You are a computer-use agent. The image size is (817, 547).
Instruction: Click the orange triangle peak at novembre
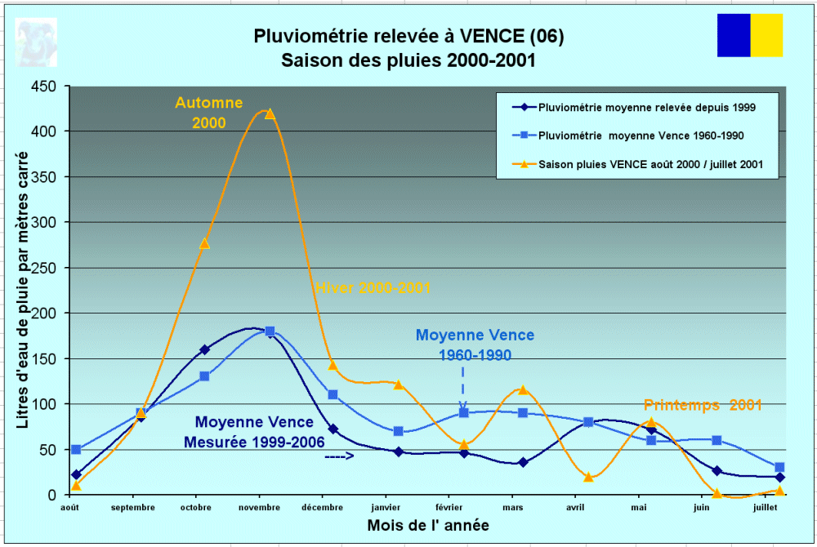[270, 113]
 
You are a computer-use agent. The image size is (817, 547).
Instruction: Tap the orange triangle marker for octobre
[204, 242]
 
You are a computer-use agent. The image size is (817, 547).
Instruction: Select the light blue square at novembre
[270, 331]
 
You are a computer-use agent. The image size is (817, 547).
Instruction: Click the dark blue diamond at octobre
[204, 349]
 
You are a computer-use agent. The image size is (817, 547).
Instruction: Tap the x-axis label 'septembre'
[132, 507]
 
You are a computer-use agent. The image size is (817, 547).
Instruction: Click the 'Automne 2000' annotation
[208, 113]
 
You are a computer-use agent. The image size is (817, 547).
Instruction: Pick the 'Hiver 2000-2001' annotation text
[373, 288]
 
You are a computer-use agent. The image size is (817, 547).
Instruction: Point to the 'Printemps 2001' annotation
[703, 405]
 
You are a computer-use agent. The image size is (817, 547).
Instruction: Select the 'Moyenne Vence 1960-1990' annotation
[475, 345]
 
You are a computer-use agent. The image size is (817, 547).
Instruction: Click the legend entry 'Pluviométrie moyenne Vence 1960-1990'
[641, 135]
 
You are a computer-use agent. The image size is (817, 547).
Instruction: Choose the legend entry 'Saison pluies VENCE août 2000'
[641, 164]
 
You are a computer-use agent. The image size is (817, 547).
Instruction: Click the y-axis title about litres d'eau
[23, 290]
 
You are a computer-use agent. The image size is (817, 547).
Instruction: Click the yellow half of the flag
[766, 35]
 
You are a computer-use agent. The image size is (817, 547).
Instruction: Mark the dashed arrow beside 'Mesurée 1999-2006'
[339, 456]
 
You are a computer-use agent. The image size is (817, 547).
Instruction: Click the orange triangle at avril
[588, 477]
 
